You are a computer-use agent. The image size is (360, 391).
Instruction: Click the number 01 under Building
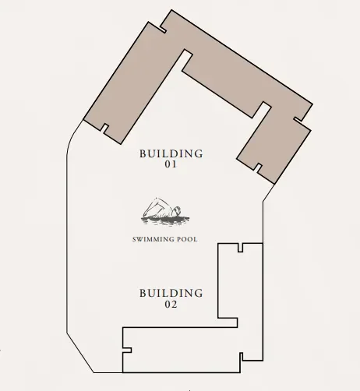(171, 165)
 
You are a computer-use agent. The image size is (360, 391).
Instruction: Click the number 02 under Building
(171, 305)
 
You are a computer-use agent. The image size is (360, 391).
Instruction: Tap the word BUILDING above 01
(171, 153)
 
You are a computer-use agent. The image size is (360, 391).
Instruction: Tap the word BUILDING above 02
(171, 293)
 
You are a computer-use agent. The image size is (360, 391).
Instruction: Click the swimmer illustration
(163, 211)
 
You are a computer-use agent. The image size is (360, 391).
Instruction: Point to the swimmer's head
(178, 210)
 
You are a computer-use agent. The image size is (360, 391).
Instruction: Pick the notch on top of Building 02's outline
(242, 248)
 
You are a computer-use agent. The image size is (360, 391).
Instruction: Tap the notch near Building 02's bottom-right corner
(242, 358)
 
